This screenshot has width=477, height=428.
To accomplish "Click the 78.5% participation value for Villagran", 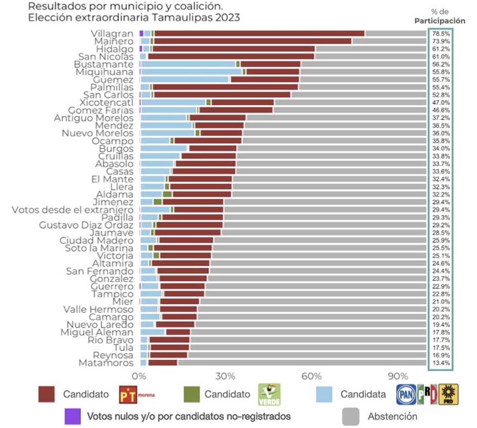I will [441, 33].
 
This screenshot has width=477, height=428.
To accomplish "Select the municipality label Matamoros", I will [106, 363].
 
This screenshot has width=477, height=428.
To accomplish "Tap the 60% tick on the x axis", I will [311, 376].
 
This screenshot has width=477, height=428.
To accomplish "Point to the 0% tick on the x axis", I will [139, 376].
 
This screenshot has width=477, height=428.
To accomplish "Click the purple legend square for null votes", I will [73, 416].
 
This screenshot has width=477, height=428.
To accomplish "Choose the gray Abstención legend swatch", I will [350, 416].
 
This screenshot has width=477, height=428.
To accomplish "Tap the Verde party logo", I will [269, 395].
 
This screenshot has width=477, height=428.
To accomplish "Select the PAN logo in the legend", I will [406, 395].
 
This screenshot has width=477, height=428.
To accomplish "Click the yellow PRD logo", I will [448, 395].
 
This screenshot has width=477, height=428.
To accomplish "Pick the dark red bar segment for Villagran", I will [259, 33].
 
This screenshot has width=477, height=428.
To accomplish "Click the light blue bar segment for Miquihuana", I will [192, 72].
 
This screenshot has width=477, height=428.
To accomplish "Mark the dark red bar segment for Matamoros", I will [163, 363].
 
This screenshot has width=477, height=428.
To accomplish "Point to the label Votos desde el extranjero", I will [72, 210].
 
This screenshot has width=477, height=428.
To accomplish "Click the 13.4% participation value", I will [441, 363].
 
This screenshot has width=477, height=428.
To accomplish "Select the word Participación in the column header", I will [440, 21].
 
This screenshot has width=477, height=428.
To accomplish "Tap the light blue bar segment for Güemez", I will [185, 80].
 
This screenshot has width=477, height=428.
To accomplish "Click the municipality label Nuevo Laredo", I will [100, 325].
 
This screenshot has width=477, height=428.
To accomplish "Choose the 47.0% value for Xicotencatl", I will [441, 103].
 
